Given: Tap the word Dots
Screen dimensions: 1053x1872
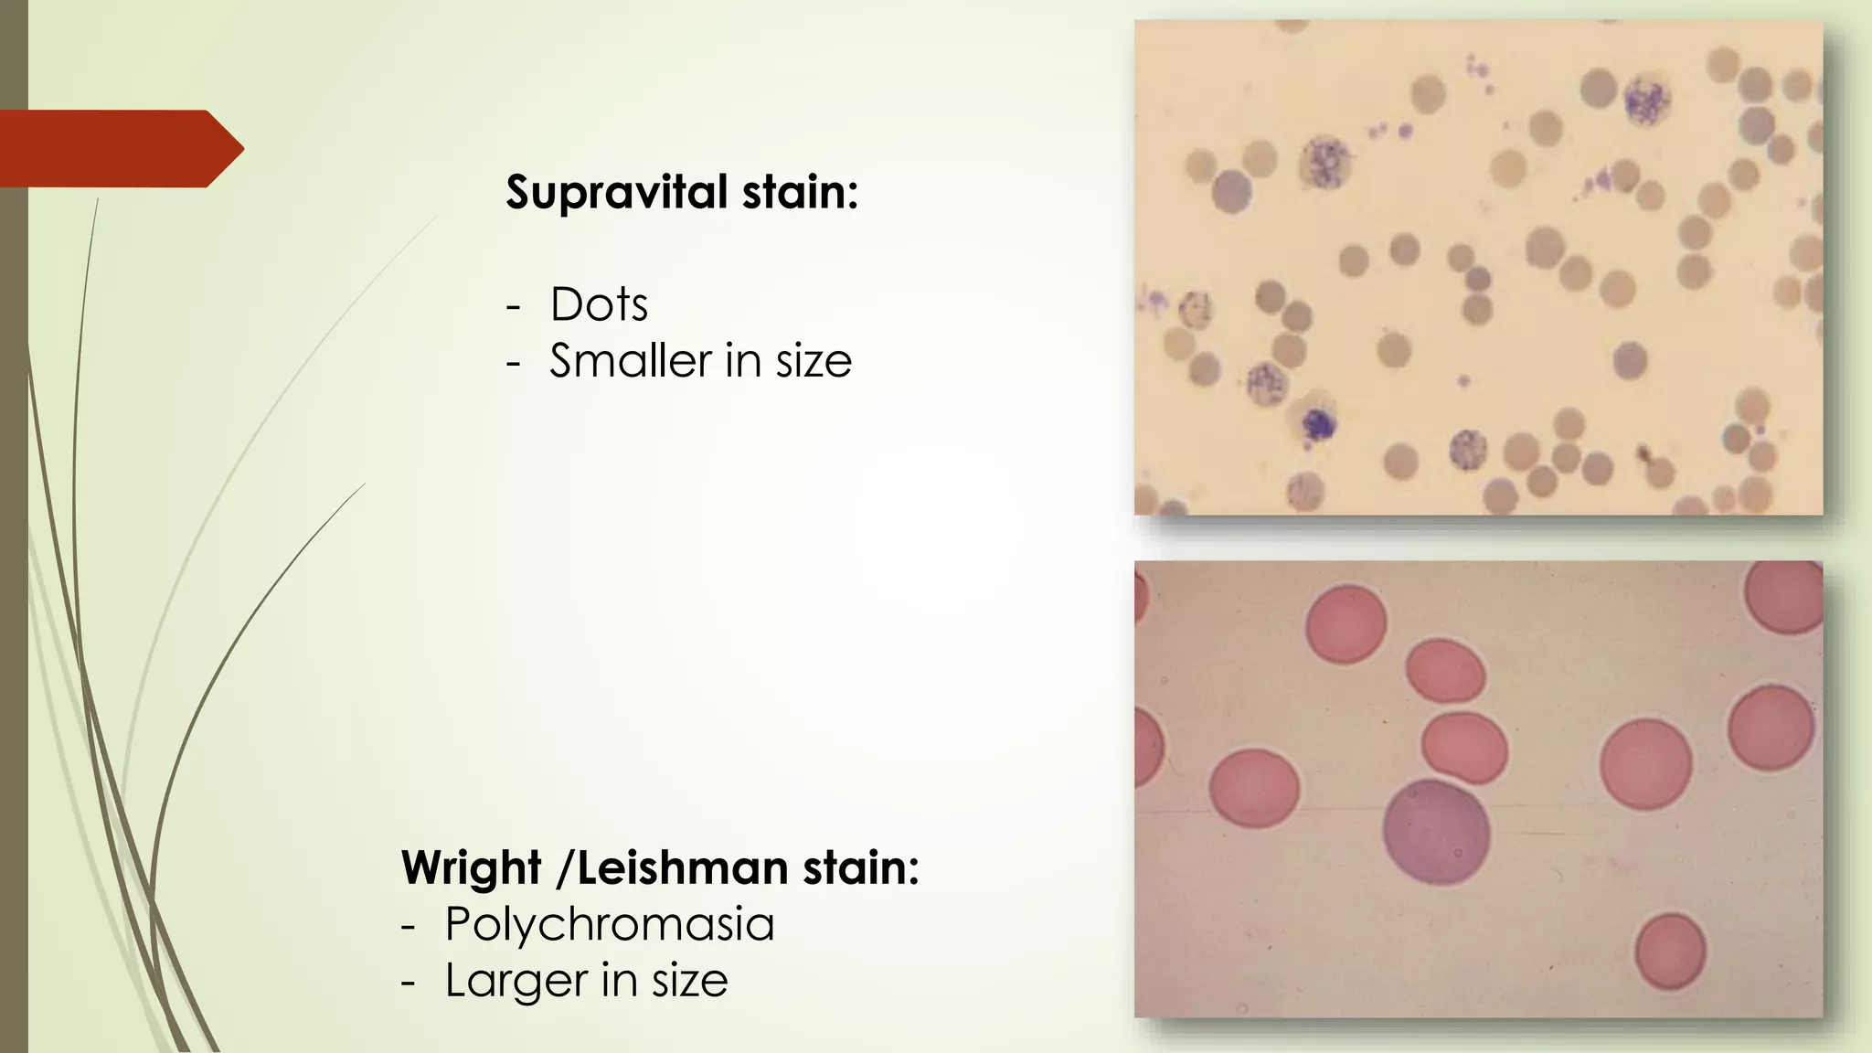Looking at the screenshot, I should [599, 304].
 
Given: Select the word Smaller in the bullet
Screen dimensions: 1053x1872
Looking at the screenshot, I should [631, 360].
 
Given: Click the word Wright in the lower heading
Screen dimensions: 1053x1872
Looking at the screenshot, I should [472, 867].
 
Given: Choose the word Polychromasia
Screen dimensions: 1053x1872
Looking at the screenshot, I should [610, 923].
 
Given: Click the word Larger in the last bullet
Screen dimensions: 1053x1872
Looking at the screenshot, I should [516, 980].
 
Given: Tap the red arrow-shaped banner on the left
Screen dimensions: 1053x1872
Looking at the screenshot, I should [119, 148].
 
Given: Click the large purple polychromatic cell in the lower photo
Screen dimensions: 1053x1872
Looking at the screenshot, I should [1436, 833].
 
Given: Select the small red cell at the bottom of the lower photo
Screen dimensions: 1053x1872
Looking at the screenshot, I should [1670, 952].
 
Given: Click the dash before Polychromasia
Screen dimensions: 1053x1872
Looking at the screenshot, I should [408, 925].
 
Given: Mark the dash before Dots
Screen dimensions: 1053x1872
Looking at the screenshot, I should [514, 306].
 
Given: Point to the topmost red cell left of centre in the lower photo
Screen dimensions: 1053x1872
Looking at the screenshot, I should [1345, 624].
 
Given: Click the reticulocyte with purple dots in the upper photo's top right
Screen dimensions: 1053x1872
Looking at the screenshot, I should [1647, 101].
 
